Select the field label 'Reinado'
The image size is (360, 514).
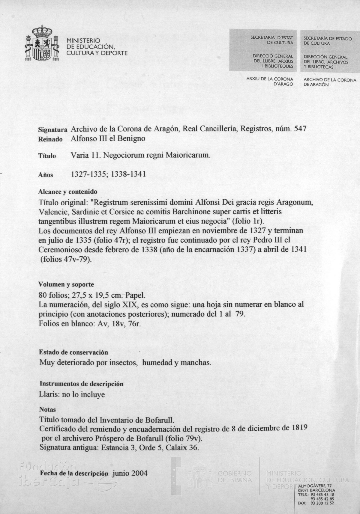tap(50, 139)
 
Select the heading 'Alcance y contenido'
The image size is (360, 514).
tap(68, 192)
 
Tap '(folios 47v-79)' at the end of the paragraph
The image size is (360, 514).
tap(65, 259)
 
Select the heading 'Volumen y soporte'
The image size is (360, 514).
tap(66, 284)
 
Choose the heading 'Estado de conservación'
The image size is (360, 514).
tap(74, 352)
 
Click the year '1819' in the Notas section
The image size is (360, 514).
tap(299, 427)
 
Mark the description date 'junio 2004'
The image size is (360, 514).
tap(130, 474)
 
